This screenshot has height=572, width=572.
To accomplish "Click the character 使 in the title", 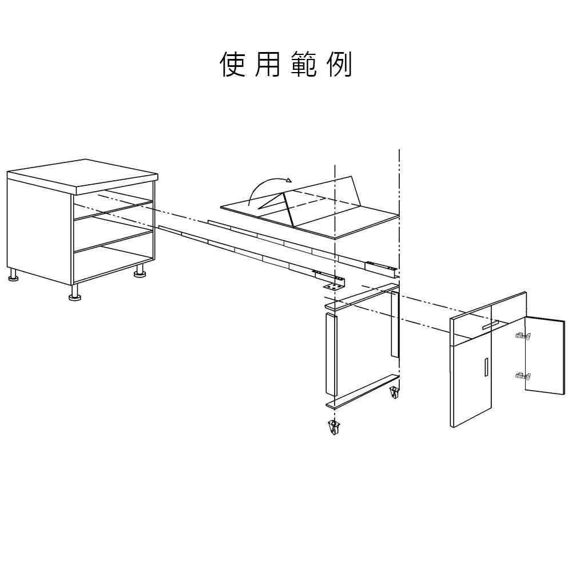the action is point(232,65).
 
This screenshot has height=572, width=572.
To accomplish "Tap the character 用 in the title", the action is point(267,65).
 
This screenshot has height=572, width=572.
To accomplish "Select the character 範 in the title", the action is point(304,65).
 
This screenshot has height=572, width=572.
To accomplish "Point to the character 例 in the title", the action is point(339,65).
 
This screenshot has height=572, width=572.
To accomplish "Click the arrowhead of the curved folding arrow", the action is point(289,180).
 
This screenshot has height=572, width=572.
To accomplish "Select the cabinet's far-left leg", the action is point(13,275).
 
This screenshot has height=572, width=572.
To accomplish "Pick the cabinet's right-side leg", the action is point(140,271).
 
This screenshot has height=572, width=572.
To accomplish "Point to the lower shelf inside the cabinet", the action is point(113,241).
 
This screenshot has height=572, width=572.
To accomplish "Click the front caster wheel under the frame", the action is point(334,427).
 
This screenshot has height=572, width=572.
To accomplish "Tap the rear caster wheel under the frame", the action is point(394,392).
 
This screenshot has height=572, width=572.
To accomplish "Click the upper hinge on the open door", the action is point(522,336).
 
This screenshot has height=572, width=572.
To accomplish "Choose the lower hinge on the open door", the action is point(522,375).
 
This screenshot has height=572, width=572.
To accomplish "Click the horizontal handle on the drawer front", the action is point(490,325).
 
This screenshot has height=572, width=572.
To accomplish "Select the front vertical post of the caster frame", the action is point(330,353).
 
